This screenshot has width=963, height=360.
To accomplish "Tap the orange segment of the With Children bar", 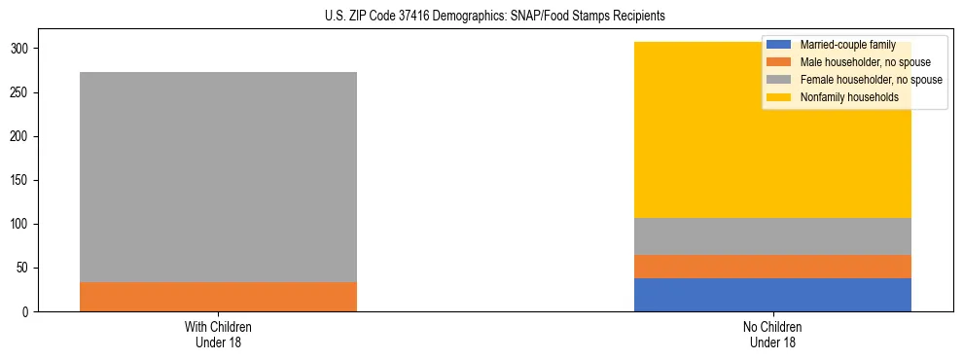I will point(218,297).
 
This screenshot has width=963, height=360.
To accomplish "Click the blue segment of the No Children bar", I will point(772,295).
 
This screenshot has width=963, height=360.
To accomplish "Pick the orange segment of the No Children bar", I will point(772,267).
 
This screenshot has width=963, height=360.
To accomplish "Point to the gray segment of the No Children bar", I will point(772,236).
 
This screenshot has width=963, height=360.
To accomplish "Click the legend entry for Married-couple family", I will point(844,45).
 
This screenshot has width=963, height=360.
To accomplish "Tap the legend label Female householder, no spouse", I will point(869,80).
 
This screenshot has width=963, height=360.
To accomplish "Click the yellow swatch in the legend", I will point(779,97).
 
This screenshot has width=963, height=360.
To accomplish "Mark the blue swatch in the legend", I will point(779,45).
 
